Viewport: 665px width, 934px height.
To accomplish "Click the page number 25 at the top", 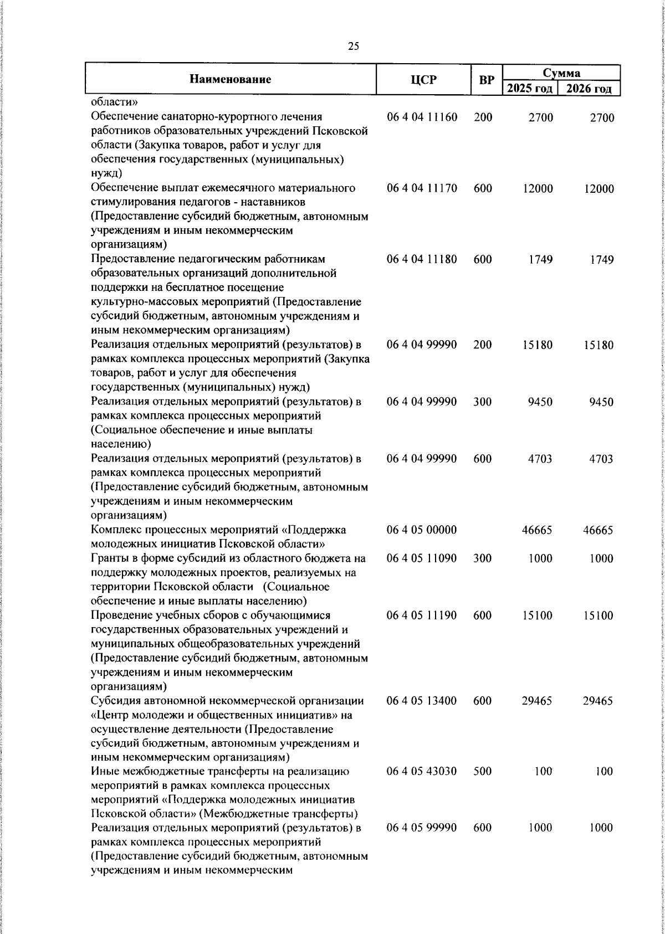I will (354, 47).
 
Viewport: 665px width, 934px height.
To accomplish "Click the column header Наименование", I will (230, 79).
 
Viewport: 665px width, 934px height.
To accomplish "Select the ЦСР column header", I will (423, 80).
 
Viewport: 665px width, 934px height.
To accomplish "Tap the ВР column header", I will (487, 80).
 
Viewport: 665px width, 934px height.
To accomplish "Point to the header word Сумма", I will (561, 73).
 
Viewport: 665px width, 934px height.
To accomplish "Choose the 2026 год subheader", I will (589, 89).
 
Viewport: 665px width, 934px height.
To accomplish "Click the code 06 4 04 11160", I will (422, 117).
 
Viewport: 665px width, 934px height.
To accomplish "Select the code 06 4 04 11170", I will (422, 188).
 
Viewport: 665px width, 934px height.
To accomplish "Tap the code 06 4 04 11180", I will (422, 259).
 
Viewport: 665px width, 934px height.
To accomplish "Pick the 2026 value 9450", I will (602, 402).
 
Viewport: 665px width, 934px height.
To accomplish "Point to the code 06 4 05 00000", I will (422, 530).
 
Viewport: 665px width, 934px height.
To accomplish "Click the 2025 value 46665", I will (537, 530).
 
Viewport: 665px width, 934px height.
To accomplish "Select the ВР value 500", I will (483, 771).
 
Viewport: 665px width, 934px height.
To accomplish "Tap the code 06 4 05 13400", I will (422, 701).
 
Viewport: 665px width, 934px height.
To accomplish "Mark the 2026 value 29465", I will (598, 701).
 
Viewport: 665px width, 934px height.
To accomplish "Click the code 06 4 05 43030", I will (422, 771).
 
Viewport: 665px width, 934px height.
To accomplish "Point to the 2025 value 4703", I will (540, 459).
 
